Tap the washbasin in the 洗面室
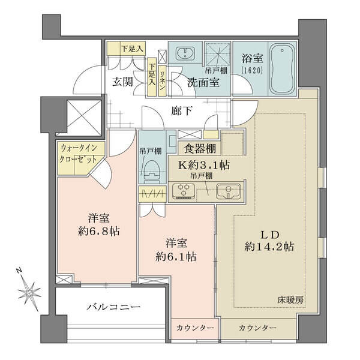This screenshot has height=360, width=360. pyautogui.click(x=185, y=53)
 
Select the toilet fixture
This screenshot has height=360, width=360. pyautogui.click(x=152, y=172)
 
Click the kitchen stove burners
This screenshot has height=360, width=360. pyautogui.click(x=184, y=191)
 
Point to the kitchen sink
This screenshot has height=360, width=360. pyautogui.click(x=228, y=191)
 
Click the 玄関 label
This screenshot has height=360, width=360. pyautogui.click(x=122, y=82)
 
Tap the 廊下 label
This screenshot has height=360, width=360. pyautogui.click(x=181, y=111)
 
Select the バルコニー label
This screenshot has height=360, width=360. pyautogui.click(x=113, y=307)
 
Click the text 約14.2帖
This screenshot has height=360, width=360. pyautogui.click(x=269, y=247)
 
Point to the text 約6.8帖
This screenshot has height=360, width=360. pyautogui.click(x=99, y=232)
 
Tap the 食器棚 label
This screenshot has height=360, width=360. pyautogui.click(x=200, y=149)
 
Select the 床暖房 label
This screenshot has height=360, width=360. pyautogui.click(x=290, y=300)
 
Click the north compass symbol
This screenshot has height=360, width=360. pyautogui.click(x=28, y=292)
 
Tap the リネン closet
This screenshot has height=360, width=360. pyautogui.click(x=162, y=80)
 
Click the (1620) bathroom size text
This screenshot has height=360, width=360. pyautogui.click(x=252, y=70)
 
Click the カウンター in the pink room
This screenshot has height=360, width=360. pyautogui.click(x=195, y=328)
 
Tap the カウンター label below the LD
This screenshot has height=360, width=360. pyautogui.click(x=257, y=328)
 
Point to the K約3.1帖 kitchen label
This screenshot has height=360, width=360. pyautogui.click(x=204, y=165)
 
